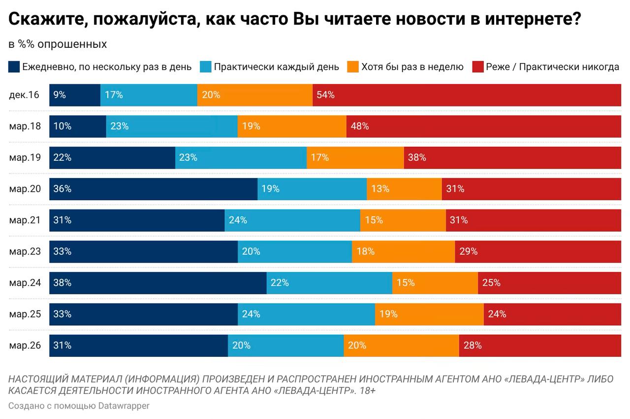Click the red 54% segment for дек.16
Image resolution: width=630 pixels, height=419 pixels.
(x=467, y=95)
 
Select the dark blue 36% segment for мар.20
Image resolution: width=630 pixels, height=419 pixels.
(x=153, y=189)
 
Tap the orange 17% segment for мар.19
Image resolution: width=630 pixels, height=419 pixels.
(x=355, y=158)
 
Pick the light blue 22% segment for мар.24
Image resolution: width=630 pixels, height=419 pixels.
(x=329, y=283)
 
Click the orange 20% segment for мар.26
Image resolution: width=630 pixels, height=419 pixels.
(x=401, y=346)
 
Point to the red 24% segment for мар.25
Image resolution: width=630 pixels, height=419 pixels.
(x=552, y=314)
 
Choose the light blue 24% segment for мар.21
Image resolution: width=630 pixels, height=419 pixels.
(x=292, y=220)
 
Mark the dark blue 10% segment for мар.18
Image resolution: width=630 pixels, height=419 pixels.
(x=78, y=126)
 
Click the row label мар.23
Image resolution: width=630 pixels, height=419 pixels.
(x=25, y=251)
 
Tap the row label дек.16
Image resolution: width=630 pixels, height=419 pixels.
(x=24, y=95)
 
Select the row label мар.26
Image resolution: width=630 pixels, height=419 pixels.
(x=25, y=346)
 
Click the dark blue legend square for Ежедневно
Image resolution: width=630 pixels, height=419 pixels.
(x=14, y=67)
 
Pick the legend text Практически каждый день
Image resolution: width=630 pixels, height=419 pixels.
(x=276, y=67)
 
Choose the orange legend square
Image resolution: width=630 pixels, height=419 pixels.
(x=353, y=67)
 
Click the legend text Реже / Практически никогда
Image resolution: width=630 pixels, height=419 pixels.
(x=552, y=67)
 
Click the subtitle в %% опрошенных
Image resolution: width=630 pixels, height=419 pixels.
(x=58, y=44)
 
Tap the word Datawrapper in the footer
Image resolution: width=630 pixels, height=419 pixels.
(x=124, y=406)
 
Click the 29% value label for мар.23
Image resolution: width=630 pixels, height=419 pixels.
(x=468, y=251)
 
